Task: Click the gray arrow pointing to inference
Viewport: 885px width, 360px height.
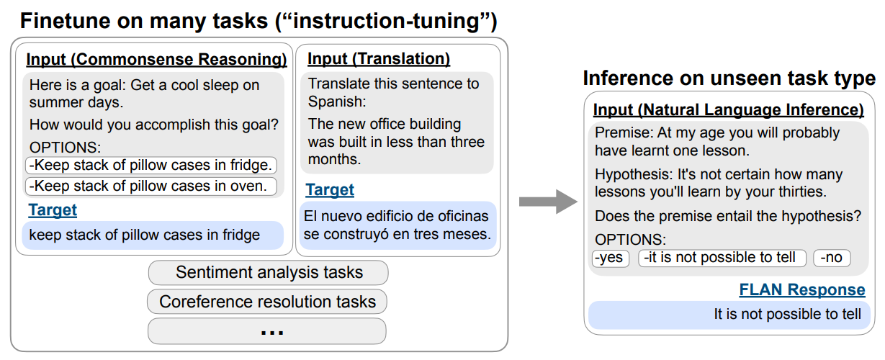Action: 548,202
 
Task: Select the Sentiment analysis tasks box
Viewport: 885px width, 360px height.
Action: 268,273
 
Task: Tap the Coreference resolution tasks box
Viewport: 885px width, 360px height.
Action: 267,302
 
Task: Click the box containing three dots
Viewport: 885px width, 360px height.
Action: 267,331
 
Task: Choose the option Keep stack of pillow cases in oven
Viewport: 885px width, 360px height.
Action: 151,186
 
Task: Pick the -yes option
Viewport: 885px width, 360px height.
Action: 610,258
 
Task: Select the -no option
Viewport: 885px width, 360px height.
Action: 832,258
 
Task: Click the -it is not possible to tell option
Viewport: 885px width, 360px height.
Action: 721,258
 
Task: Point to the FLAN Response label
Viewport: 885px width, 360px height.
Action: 801,289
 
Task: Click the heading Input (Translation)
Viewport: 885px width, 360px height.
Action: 379,58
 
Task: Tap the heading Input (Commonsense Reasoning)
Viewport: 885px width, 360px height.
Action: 156,59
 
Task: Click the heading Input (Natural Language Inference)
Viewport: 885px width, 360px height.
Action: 728,110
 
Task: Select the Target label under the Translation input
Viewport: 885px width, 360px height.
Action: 330,190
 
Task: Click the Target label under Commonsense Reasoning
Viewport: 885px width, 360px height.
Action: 53,210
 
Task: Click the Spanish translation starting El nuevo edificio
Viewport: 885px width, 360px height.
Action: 397,225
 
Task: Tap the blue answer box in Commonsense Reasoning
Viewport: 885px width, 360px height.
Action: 153,235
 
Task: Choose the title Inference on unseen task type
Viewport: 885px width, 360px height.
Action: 729,78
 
